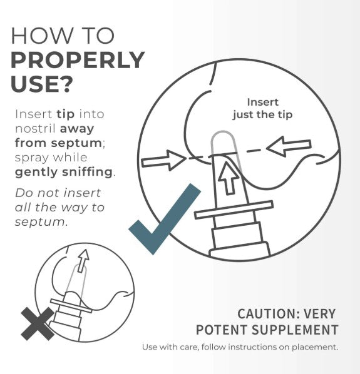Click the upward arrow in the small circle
[x=83, y=256]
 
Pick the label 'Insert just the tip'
[x=262, y=108]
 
